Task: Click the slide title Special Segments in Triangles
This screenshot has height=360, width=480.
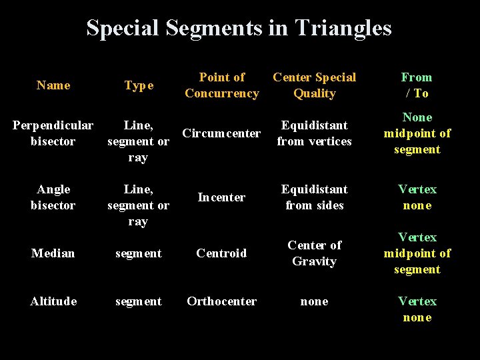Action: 239,28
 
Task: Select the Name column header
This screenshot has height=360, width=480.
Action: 53,85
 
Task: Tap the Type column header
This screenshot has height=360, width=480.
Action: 139,85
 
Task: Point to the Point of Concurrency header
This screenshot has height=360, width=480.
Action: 222,85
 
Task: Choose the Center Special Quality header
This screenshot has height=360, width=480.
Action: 314,85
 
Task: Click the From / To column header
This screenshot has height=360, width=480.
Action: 417,85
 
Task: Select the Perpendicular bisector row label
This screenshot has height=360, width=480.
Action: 53,133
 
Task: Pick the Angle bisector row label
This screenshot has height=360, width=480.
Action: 53,197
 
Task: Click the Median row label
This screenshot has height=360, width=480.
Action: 53,253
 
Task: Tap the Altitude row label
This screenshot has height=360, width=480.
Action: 53,301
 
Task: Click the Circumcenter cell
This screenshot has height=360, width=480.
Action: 221,133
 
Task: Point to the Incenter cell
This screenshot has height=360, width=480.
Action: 221,197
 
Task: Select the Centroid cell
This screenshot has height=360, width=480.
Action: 221,253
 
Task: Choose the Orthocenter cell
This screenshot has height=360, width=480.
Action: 221,301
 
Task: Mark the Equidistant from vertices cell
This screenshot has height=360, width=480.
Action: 314,133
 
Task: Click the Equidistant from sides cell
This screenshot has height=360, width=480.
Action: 314,197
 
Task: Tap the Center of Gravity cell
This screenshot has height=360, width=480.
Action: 314,253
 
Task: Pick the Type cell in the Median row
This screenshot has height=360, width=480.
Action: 139,253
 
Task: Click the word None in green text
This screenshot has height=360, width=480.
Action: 417,117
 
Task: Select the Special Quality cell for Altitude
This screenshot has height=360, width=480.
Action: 314,301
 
